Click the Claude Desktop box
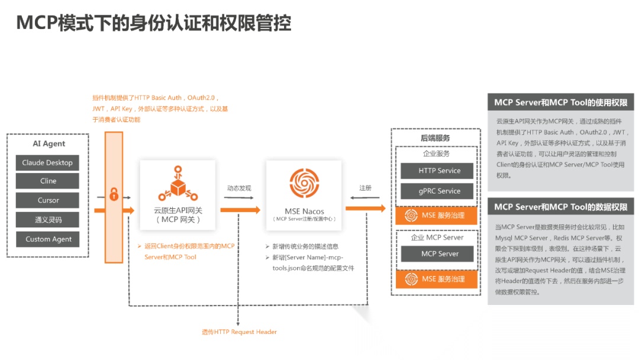tap(47, 163)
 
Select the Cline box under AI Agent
tap(47, 181)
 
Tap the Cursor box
tap(47, 200)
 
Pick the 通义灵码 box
tap(47, 220)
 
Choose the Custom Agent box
tap(47, 239)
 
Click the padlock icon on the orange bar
tap(114, 194)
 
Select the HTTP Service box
tap(439, 171)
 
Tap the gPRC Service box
tap(439, 191)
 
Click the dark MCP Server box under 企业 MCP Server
tap(439, 253)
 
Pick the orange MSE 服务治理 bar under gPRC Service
tap(439, 216)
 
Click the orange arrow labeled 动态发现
tap(240, 209)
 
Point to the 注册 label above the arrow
tap(366, 188)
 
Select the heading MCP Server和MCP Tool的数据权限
tap(560, 207)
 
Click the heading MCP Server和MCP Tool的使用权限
tap(560, 102)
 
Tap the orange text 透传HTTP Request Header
tap(239, 332)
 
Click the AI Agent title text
tap(49, 144)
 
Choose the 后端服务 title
tap(435, 138)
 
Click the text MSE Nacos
tap(304, 211)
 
